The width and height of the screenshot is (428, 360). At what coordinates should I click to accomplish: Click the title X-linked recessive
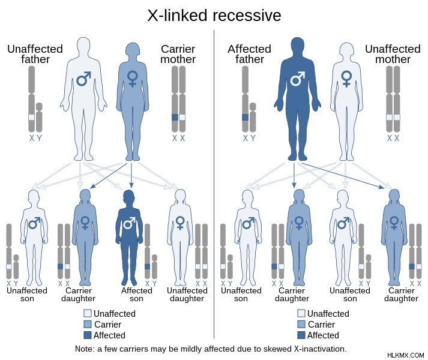coord(214,15)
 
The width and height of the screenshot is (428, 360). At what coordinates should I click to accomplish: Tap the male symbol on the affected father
coord(297,79)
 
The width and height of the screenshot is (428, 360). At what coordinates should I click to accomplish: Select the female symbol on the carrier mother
coord(133,79)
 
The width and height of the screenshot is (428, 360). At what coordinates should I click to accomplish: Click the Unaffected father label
coord(35,54)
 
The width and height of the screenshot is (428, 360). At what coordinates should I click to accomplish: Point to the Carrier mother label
coord(178,54)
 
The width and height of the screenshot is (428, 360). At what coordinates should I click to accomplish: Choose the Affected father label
coord(250,54)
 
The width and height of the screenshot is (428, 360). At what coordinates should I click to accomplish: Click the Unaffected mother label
coord(393,54)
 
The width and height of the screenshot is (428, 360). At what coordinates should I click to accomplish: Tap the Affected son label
coord(136,295)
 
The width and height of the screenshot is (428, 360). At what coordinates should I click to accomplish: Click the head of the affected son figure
coord(129,197)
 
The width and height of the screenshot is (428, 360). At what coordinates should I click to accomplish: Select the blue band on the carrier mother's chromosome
coord(175,118)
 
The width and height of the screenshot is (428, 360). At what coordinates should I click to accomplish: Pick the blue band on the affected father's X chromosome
coord(245,118)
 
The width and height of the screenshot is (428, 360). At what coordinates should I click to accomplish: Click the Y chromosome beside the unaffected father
coord(39,118)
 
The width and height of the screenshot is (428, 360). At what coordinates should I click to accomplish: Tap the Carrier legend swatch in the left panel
coord(88,324)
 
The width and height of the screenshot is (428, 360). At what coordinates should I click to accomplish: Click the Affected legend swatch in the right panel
coord(301,335)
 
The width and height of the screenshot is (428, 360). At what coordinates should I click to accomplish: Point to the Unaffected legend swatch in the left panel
coord(88,313)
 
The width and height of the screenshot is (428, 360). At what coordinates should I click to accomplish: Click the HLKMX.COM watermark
coord(405,355)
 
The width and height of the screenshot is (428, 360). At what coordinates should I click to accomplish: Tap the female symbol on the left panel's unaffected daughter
coord(180,223)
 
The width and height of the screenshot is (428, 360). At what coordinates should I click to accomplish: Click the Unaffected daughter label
coord(187,295)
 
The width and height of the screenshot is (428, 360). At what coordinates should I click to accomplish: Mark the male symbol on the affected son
coord(130,223)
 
